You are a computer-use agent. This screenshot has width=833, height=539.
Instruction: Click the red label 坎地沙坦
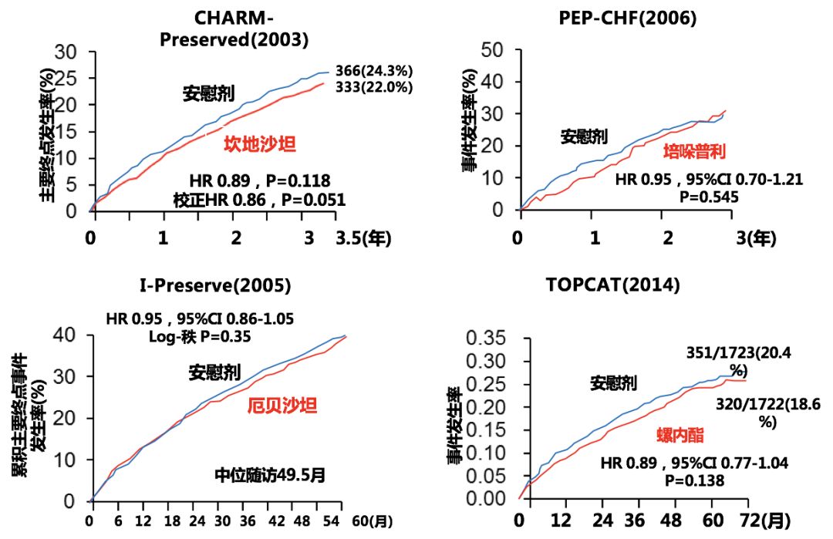click(260, 143)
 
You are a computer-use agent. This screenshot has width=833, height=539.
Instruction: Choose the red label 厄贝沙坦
click(282, 406)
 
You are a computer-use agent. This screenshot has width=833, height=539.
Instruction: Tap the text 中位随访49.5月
click(270, 474)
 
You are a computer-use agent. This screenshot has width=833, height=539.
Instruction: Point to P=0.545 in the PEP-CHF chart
click(708, 197)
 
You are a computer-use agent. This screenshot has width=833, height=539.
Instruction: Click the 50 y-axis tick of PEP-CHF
click(494, 50)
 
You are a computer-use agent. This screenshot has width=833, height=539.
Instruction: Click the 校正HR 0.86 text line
click(259, 200)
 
